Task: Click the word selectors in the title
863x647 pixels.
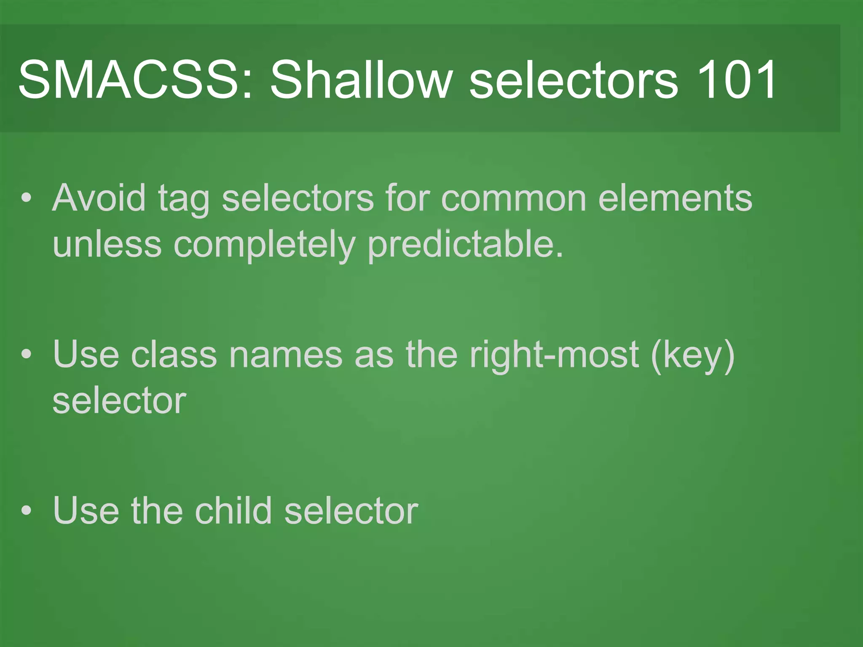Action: coord(574,79)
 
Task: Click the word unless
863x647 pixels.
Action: coord(107,244)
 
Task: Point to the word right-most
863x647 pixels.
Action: coord(554,355)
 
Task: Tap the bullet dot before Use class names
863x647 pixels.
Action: coord(27,355)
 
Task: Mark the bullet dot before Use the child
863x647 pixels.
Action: coord(27,511)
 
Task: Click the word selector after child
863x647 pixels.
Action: coord(351,511)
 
